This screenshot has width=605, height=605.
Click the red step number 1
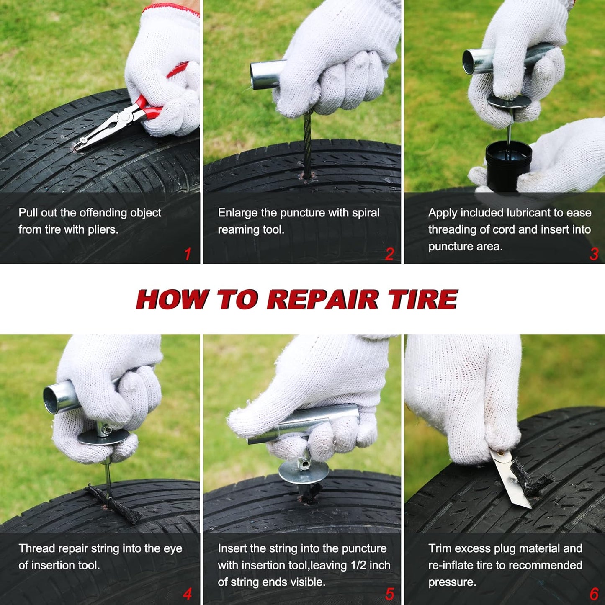188,254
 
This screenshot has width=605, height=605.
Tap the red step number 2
389,254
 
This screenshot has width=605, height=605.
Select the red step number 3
594,254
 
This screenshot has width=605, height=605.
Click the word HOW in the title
172,299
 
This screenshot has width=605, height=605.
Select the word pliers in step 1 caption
103,230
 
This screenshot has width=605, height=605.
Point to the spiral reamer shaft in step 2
307,145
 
